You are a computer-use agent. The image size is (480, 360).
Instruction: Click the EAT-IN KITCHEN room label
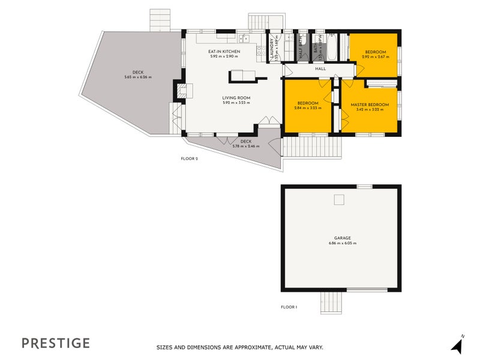[x=224, y=52]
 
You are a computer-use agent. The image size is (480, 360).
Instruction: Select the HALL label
[x=320, y=69]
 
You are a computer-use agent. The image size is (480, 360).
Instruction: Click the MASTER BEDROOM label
[x=370, y=105]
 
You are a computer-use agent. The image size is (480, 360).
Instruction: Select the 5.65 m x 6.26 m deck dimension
[x=138, y=77]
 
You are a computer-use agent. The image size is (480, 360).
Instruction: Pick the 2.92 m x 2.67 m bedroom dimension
[x=376, y=57]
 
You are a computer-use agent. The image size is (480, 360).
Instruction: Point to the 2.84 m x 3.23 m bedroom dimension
[x=308, y=108]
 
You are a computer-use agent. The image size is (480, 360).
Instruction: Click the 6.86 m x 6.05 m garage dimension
[x=343, y=244]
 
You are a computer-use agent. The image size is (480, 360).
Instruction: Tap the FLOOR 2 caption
[x=189, y=159]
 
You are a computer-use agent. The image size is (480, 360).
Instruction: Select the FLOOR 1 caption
[x=289, y=307]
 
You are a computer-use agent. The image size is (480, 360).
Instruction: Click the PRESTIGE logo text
[x=56, y=343]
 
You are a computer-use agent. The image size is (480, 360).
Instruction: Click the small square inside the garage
[x=339, y=200]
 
